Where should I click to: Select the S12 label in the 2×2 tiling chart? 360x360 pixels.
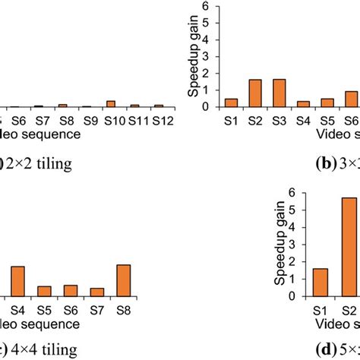click(158, 121)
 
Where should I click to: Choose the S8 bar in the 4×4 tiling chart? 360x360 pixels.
click(123, 280)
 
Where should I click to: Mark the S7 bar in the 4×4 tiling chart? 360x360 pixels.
click(96, 292)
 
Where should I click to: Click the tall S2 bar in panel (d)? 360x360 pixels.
click(349, 246)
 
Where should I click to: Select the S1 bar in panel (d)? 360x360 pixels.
click(321, 282)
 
